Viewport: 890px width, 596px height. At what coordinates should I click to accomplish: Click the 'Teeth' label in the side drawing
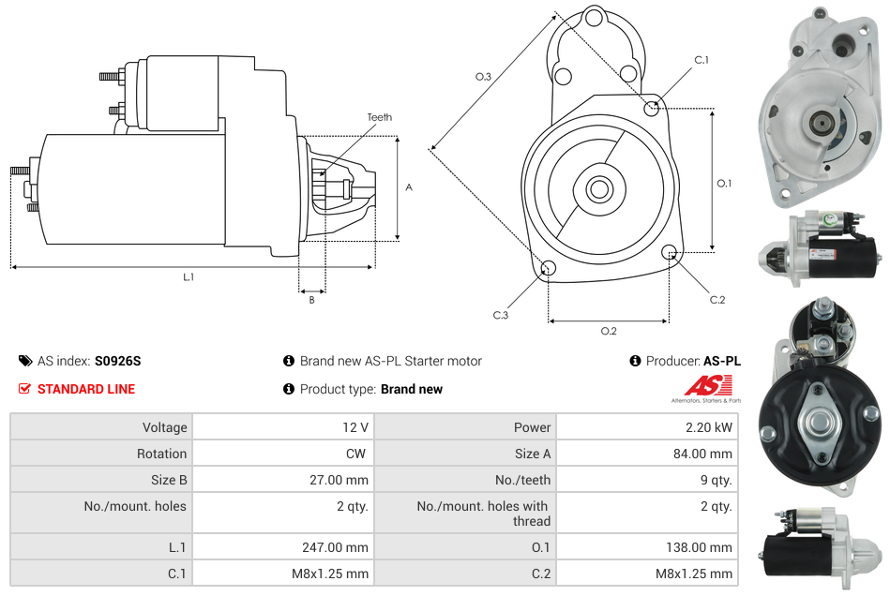(379, 117)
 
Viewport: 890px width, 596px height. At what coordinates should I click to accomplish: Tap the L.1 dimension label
(189, 277)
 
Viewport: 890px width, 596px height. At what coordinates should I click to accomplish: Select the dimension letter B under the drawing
(311, 300)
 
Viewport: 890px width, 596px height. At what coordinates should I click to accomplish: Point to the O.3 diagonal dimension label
(483, 77)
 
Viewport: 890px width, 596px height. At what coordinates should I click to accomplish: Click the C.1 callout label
(701, 60)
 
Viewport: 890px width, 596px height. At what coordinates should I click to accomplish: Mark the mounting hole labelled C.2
(670, 252)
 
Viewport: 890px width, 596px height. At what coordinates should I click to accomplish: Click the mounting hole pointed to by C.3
(549, 270)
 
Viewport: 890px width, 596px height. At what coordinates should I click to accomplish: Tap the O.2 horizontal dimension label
(609, 331)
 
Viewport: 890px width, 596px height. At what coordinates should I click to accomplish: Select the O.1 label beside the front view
(724, 184)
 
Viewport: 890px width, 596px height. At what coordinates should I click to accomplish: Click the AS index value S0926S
(117, 361)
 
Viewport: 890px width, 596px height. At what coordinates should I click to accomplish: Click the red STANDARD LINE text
(86, 389)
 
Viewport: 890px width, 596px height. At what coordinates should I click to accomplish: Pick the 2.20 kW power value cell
(712, 427)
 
